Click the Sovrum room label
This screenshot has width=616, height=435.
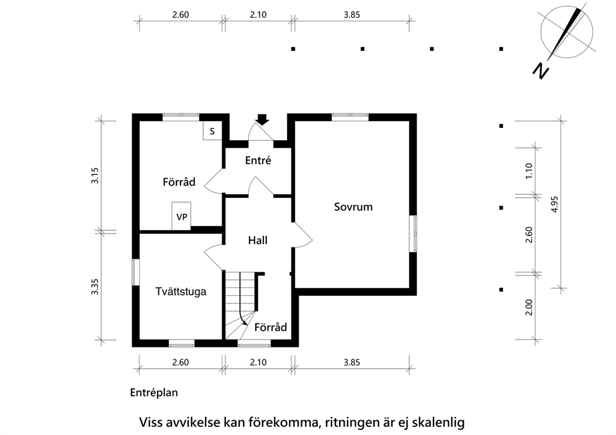pos(353,207)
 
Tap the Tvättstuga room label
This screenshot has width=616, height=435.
pos(181,292)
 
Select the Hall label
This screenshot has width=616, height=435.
pos(258,240)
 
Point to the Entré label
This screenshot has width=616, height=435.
pos(258,160)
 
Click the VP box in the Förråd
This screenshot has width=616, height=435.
pos(181,217)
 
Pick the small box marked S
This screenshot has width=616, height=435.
pos(212,131)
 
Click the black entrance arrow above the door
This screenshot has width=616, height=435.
pos(262,119)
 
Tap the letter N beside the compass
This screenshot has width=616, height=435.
pos(541,71)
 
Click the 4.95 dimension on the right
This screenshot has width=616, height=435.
pos(555,204)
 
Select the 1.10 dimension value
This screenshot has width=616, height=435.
pos(529,171)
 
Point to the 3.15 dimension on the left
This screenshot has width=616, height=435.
pos(95,176)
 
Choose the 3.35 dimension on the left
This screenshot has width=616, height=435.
pos(95,287)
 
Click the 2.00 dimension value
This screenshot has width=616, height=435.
pos(529,307)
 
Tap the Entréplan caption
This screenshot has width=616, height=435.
pos(154,393)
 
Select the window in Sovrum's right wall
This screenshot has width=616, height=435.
pos(413,233)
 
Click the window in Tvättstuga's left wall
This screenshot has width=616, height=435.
pos(135,272)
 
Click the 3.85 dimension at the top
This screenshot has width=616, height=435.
pos(351,15)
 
